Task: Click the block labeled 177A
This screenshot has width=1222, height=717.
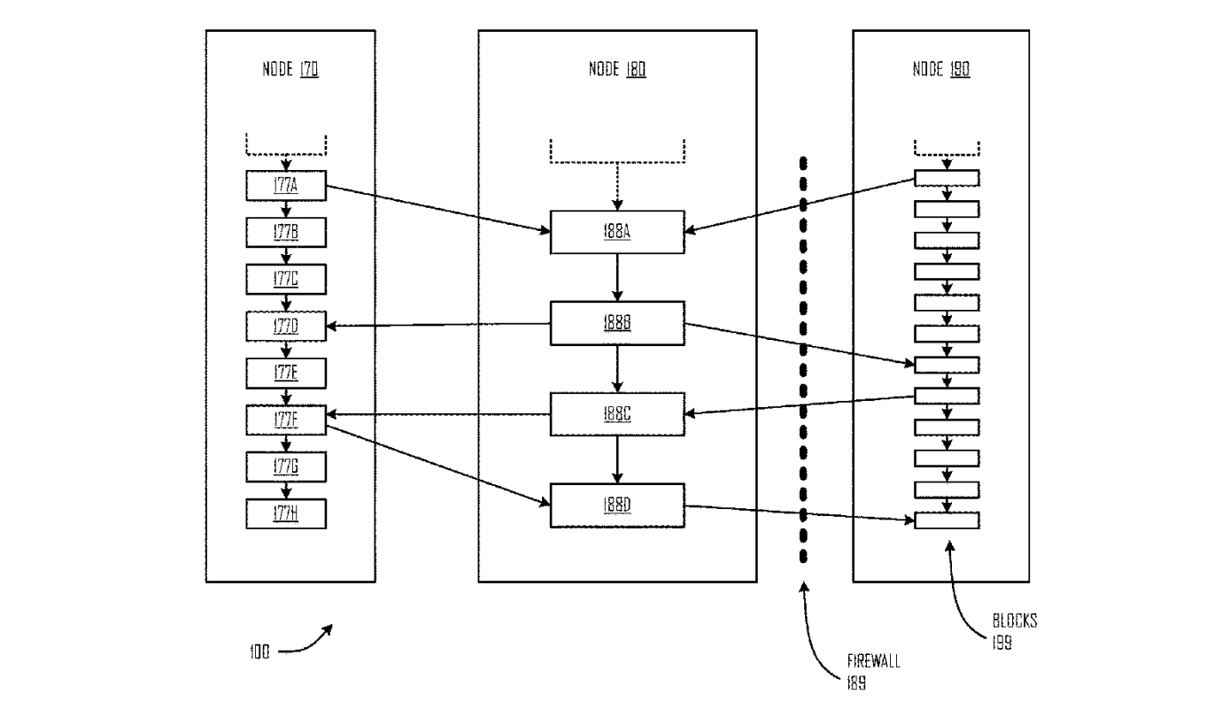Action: click(x=286, y=185)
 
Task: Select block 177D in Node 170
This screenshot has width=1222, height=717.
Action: click(x=286, y=326)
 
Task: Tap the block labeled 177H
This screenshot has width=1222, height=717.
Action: click(x=286, y=514)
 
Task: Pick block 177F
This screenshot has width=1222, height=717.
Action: click(x=286, y=420)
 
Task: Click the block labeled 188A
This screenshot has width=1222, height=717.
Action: click(x=617, y=231)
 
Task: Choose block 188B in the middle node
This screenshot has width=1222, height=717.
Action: click(x=617, y=323)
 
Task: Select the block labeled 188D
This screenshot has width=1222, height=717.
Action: click(x=617, y=505)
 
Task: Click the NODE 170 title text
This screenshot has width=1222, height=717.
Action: click(x=291, y=70)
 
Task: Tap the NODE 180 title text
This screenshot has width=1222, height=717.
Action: click(x=617, y=70)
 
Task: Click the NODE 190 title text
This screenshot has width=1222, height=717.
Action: click(x=940, y=70)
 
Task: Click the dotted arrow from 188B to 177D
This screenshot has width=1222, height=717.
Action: click(x=438, y=325)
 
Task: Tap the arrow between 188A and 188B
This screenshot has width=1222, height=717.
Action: click(x=617, y=277)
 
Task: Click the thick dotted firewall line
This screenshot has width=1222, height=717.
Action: click(x=803, y=354)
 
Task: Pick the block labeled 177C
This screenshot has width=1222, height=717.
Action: click(x=286, y=279)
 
